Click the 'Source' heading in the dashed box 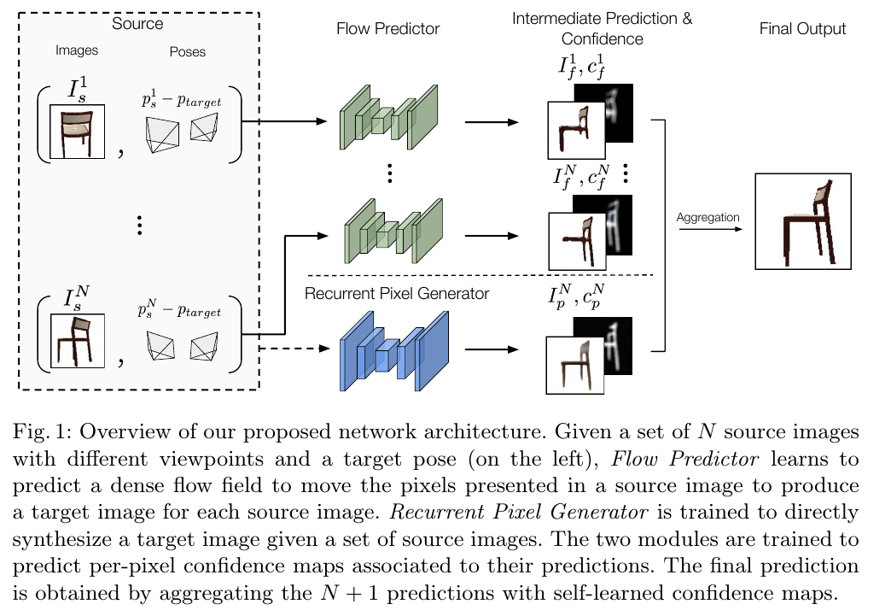pyautogui.click(x=137, y=24)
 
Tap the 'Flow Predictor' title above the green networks pyautogui.click(x=388, y=29)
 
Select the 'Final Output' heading pyautogui.click(x=802, y=29)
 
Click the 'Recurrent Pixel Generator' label pyautogui.click(x=397, y=294)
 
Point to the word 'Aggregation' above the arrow pyautogui.click(x=708, y=218)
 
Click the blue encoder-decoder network pyautogui.click(x=393, y=350)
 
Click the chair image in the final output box pyautogui.click(x=802, y=221)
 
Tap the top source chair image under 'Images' pyautogui.click(x=77, y=132)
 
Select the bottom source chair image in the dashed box pyautogui.click(x=77, y=341)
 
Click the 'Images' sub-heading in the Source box pyautogui.click(x=77, y=50)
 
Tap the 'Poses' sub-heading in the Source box pyautogui.click(x=188, y=51)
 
